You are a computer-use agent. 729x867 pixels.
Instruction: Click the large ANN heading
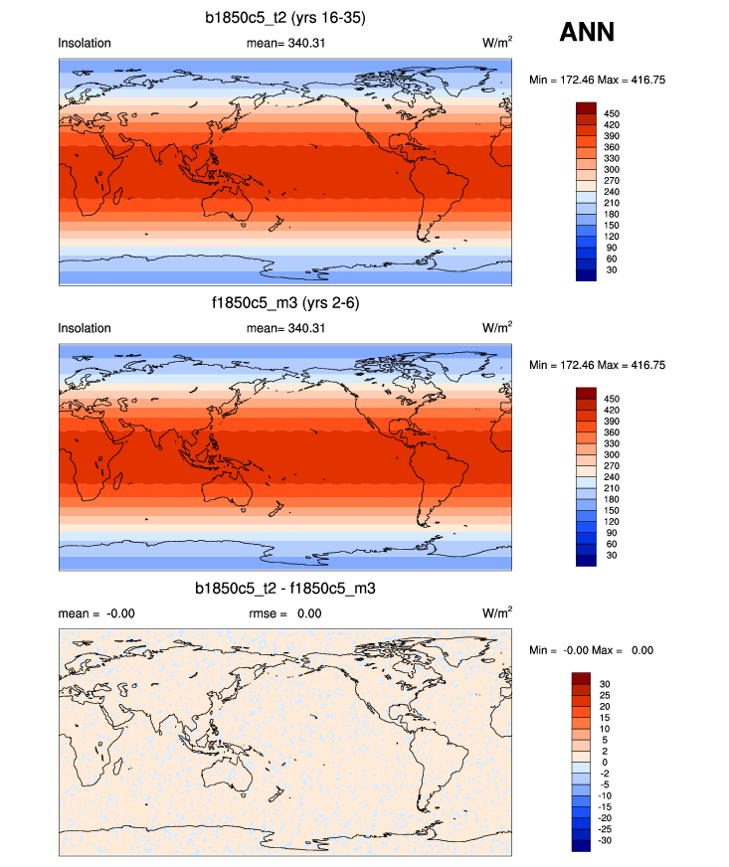pyautogui.click(x=587, y=33)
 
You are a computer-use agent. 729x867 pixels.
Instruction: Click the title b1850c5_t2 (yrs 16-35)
pyautogui.click(x=288, y=17)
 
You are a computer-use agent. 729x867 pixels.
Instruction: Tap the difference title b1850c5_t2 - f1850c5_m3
pyautogui.click(x=285, y=590)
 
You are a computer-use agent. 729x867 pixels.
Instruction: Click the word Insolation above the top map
pyautogui.click(x=85, y=43)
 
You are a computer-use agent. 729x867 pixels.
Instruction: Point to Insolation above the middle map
pyautogui.click(x=85, y=328)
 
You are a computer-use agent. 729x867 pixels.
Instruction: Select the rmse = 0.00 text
pyautogui.click(x=284, y=613)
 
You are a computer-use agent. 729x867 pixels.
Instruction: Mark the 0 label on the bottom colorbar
pyautogui.click(x=607, y=762)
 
